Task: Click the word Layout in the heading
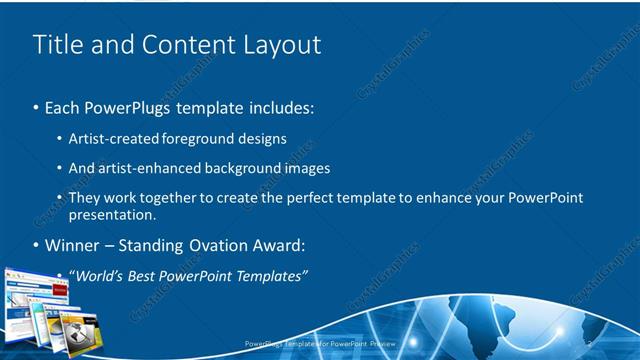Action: (x=283, y=45)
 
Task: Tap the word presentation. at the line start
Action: (x=113, y=214)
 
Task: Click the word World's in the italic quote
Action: (x=105, y=275)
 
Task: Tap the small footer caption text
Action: (x=320, y=344)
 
